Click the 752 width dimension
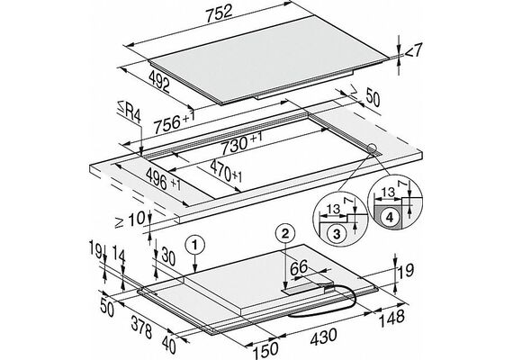(x=219, y=13)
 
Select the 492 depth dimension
(x=159, y=81)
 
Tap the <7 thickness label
(x=414, y=50)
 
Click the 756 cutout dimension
(x=175, y=122)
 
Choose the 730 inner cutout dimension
(x=241, y=143)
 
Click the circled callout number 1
(x=194, y=245)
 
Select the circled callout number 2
(x=285, y=233)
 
